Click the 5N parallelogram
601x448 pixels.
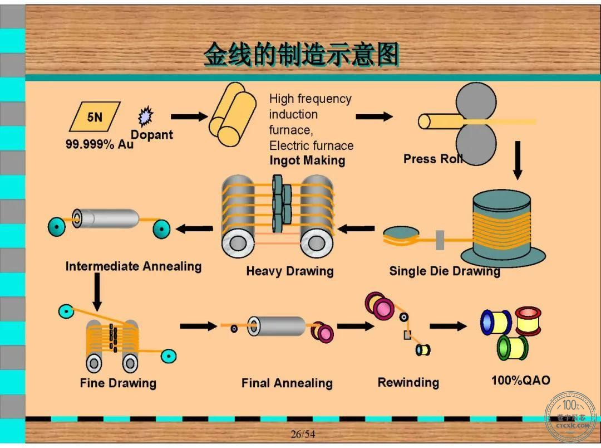(x=95, y=116)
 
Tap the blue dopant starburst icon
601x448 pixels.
(x=146, y=116)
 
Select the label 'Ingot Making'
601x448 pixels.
(x=307, y=160)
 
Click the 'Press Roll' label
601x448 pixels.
(x=433, y=159)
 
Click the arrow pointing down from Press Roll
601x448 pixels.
(x=518, y=160)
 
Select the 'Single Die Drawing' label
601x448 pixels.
(x=445, y=271)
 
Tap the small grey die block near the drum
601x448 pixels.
(x=440, y=240)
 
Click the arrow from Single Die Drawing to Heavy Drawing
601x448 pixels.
(x=356, y=229)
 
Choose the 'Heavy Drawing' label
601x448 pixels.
(x=290, y=271)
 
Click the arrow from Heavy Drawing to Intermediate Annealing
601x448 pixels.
(x=194, y=229)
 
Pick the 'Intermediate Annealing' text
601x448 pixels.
(x=134, y=266)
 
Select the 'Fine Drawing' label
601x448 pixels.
(x=118, y=383)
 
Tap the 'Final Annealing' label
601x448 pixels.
(x=287, y=383)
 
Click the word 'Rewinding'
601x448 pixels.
(x=408, y=382)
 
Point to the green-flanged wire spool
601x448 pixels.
(x=513, y=347)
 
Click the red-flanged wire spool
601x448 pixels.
(x=528, y=321)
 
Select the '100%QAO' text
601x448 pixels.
(x=520, y=380)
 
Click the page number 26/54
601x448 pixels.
(x=303, y=434)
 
